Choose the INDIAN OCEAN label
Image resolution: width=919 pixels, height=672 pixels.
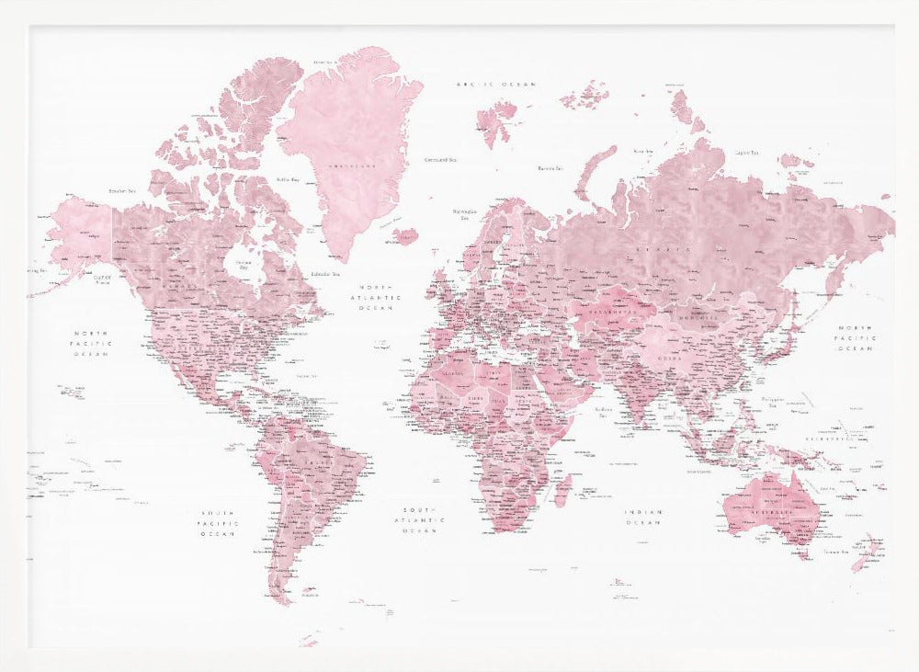(x=643, y=518)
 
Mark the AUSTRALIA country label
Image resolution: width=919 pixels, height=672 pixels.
(x=772, y=508)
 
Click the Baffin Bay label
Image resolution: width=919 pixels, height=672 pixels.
(x=289, y=180)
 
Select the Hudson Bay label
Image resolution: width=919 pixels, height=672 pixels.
(x=243, y=265)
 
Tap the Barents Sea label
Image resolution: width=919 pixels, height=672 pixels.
(x=550, y=168)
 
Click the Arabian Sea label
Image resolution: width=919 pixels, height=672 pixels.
(x=604, y=410)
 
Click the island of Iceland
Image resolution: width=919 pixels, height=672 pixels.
(x=405, y=237)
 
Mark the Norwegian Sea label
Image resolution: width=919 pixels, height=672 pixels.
(x=465, y=213)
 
